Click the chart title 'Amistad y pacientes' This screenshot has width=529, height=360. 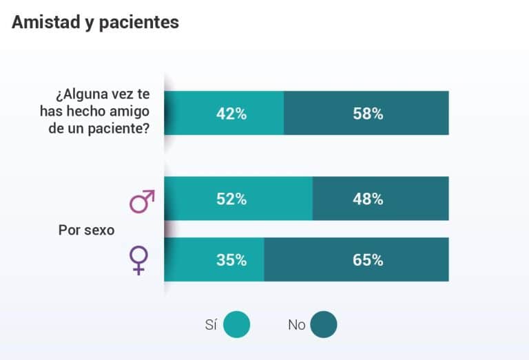click(x=95, y=22)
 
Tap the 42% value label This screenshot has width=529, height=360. click(x=231, y=114)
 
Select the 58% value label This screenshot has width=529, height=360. click(x=368, y=114)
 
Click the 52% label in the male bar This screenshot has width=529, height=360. click(x=231, y=199)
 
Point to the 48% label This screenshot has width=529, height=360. click(x=368, y=199)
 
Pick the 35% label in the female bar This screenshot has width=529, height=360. click(x=231, y=260)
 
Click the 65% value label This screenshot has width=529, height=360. click(x=368, y=260)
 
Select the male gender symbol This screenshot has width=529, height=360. click(x=142, y=201)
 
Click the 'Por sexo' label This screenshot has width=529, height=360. click(x=86, y=230)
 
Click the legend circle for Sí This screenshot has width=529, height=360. click(x=237, y=325)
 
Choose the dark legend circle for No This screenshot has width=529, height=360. click(x=324, y=325)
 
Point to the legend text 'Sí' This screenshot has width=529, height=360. click(x=211, y=325)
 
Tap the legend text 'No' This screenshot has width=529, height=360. click(x=296, y=325)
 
